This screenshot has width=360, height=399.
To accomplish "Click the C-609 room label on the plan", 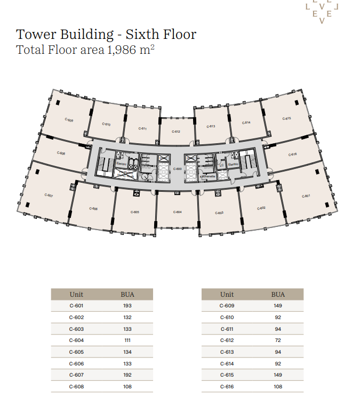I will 69,120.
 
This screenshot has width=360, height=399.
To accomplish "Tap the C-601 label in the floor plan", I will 306,196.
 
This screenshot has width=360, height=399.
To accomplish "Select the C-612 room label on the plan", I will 176,132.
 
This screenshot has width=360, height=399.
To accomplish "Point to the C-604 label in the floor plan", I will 178,212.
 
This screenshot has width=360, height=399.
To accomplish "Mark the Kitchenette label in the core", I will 207,176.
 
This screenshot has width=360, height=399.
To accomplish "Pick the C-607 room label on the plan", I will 49,196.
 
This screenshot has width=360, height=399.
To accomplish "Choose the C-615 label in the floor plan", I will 286,119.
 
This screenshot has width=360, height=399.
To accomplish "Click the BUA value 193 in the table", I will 127,306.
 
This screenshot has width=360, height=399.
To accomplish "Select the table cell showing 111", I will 127,340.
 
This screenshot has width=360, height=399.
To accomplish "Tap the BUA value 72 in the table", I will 278,340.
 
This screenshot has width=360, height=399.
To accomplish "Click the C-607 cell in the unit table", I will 76,375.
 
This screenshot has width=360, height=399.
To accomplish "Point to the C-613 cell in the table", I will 227,352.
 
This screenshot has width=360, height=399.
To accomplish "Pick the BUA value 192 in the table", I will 127,375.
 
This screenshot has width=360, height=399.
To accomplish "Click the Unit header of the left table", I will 76,294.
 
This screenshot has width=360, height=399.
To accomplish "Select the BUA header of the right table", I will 278,294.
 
